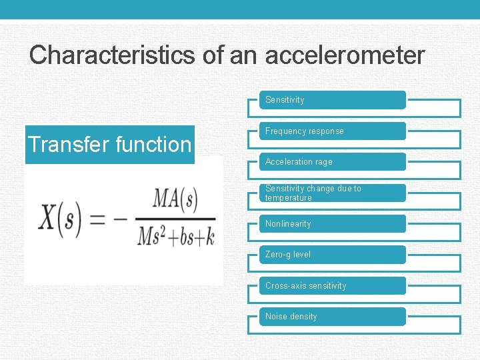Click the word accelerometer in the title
[x=345, y=55]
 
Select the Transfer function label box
[x=109, y=144]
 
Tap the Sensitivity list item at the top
[x=332, y=100]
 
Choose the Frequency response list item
[x=332, y=131]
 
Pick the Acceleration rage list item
[x=332, y=162]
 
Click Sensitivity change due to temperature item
[x=332, y=193]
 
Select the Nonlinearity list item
[x=332, y=224]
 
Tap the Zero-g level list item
[x=332, y=255]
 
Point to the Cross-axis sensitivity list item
[x=332, y=286]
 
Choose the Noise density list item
[x=332, y=317]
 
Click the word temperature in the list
[x=288, y=198]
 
